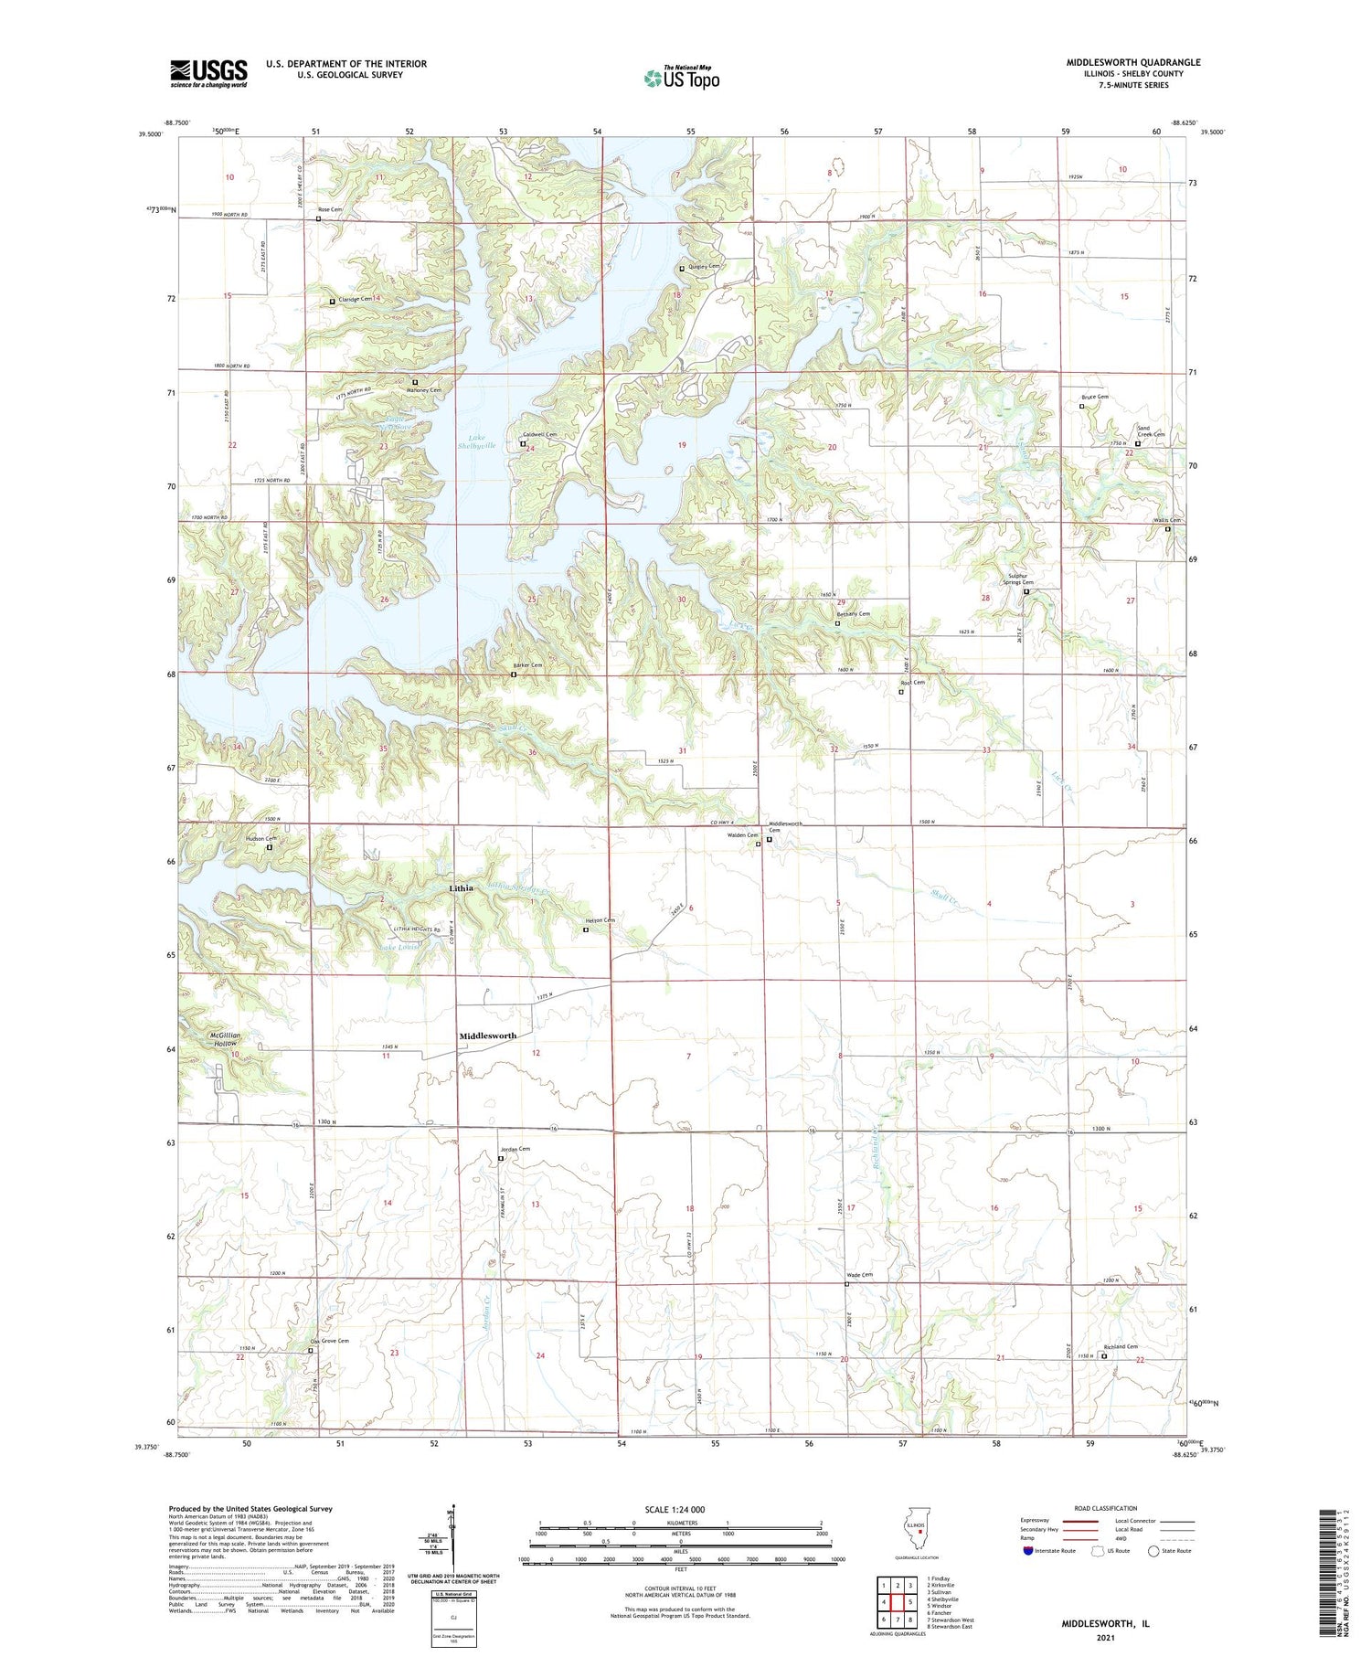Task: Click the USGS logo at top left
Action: [x=208, y=73]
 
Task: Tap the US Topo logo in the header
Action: [x=682, y=78]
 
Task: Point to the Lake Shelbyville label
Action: [x=476, y=441]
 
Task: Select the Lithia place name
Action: [x=462, y=887]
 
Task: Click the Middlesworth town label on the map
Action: [x=487, y=1036]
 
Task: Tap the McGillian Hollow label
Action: [x=220, y=1039]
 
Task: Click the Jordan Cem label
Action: [x=515, y=1149]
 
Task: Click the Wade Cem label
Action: [x=859, y=1275]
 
